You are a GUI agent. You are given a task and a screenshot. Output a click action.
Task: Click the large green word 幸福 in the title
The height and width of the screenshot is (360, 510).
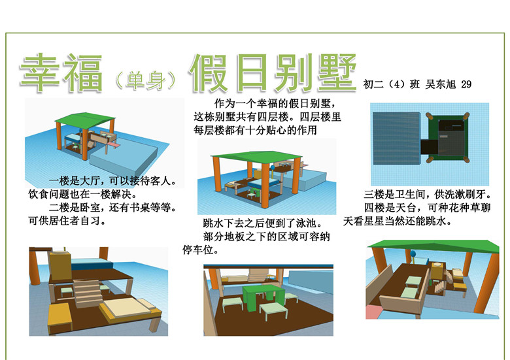(61, 73)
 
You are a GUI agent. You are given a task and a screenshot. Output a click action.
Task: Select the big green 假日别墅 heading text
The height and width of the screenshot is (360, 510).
(273, 73)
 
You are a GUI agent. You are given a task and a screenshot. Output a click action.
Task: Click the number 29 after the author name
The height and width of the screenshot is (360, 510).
(466, 84)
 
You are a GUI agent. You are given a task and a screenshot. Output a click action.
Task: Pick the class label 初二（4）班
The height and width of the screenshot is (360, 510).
(391, 84)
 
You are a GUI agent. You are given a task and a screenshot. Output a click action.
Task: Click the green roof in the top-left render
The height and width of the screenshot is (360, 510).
(85, 118)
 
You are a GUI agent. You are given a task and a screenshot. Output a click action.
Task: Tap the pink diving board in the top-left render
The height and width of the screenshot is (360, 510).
(114, 142)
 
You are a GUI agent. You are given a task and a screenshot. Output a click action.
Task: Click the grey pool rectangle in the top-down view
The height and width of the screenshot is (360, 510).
(396, 138)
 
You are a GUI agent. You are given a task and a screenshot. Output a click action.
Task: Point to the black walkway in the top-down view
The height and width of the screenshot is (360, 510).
(429, 147)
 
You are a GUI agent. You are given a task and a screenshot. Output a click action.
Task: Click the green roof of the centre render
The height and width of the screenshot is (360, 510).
(257, 157)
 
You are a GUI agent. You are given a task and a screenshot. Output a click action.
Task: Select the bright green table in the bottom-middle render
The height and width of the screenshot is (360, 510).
(263, 297)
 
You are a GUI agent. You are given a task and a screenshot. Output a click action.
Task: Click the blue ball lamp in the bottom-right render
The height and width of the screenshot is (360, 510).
(413, 254)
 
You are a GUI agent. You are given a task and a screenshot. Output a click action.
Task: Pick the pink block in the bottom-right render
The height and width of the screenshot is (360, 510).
(373, 310)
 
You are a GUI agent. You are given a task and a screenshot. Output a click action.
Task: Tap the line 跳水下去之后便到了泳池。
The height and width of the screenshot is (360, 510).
(263, 223)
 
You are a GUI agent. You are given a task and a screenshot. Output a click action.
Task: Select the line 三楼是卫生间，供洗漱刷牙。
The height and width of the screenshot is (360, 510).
(427, 195)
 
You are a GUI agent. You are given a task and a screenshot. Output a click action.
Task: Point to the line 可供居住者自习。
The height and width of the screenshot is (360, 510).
(67, 221)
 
